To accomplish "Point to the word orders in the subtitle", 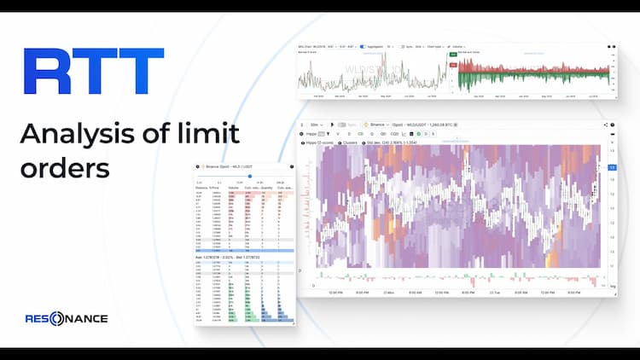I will pyautogui.click(x=65, y=167).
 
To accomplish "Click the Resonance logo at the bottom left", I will pyautogui.click(x=66, y=318).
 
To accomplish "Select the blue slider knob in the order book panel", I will pyautogui.click(x=249, y=176).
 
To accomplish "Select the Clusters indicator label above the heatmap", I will pyautogui.click(x=351, y=142).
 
